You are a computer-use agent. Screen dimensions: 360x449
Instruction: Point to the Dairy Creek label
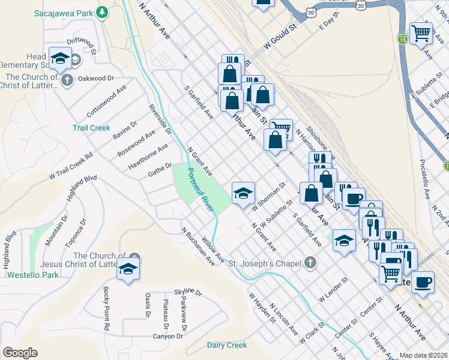pyautogui.click(x=226, y=345)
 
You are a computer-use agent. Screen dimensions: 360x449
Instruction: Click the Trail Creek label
pyautogui.click(x=91, y=128)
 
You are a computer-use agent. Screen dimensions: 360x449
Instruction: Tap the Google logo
pyautogui.click(x=20, y=353)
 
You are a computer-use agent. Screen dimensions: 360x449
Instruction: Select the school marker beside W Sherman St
pyautogui.click(x=243, y=193)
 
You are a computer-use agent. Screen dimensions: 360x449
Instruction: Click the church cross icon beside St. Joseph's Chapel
pyautogui.click(x=310, y=262)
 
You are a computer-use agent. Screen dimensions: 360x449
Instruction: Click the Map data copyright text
pyautogui.click(x=423, y=355)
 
